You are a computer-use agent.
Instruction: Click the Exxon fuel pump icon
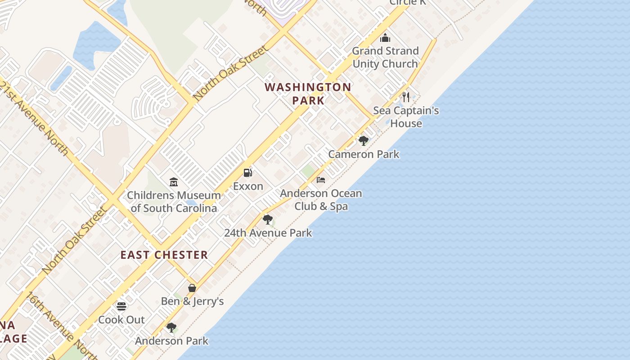click(247, 173)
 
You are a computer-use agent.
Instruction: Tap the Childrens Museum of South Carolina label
click(174, 202)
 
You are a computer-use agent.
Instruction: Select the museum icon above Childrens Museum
click(174, 182)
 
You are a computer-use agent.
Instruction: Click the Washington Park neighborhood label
click(308, 94)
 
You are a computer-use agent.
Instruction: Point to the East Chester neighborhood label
click(164, 255)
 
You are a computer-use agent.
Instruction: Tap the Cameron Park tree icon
click(364, 141)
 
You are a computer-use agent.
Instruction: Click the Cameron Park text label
click(364, 154)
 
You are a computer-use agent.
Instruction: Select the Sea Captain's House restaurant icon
click(406, 97)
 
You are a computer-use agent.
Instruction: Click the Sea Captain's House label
click(406, 117)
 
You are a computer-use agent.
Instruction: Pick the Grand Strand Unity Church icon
click(385, 38)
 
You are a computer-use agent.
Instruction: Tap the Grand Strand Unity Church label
click(385, 57)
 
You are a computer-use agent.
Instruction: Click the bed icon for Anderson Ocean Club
click(321, 180)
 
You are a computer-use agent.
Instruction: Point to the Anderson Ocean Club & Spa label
click(321, 200)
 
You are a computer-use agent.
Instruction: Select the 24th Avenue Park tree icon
click(268, 220)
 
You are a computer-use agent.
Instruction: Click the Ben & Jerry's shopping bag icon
click(192, 288)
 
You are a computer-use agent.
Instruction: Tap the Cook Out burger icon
click(121, 306)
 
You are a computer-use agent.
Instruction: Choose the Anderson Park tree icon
click(171, 328)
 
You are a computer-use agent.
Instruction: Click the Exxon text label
click(248, 186)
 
